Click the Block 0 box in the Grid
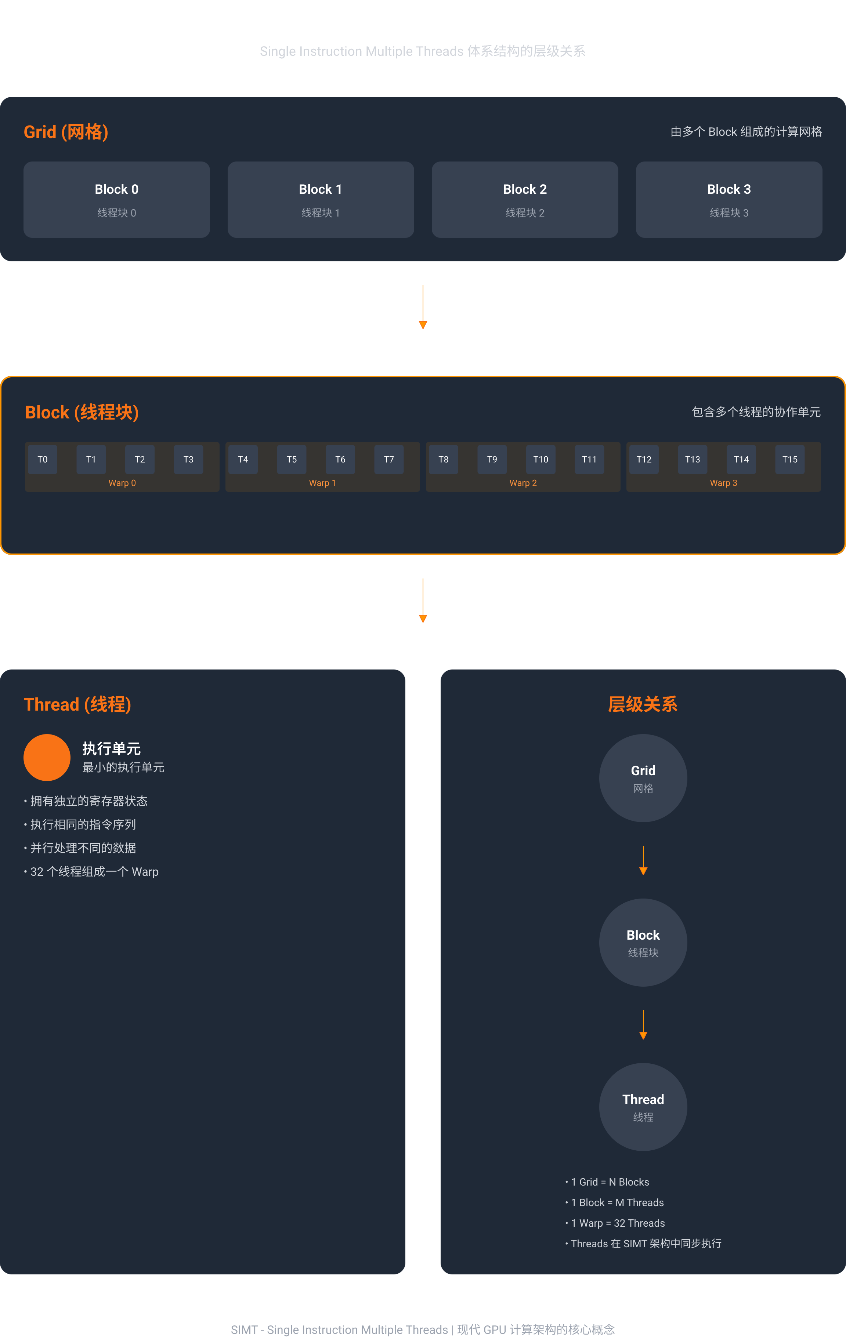click(117, 200)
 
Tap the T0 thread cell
click(43, 459)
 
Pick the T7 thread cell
click(389, 459)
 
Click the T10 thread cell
click(540, 459)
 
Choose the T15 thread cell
click(790, 459)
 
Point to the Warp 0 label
click(122, 483)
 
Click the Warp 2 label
click(523, 483)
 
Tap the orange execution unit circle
click(47, 757)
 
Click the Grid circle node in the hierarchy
click(643, 778)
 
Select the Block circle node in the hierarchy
click(643, 943)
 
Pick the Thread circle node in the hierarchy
click(643, 1107)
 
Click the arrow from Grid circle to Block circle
click(643, 860)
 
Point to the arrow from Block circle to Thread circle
click(643, 1025)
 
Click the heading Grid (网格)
click(66, 132)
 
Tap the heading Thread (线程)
click(77, 704)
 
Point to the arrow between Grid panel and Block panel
click(423, 307)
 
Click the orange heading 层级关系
click(643, 704)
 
